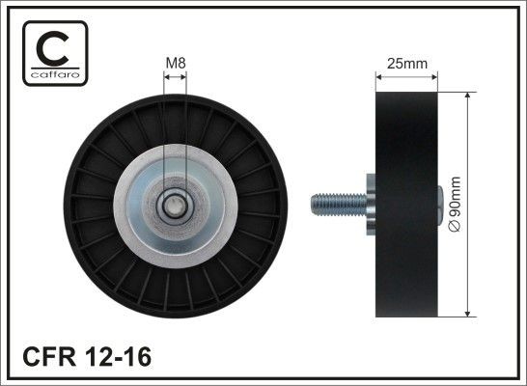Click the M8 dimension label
(175, 64)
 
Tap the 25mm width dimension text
(406, 64)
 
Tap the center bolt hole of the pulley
(175, 205)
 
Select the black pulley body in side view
(405, 205)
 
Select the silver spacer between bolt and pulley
(371, 205)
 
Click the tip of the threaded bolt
(314, 205)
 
